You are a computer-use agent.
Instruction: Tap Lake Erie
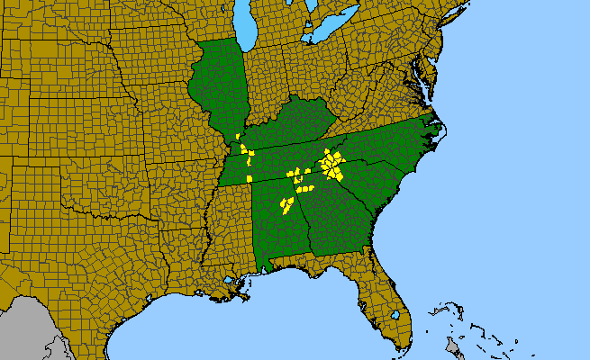click(325, 33)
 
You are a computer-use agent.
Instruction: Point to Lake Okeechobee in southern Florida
click(395, 316)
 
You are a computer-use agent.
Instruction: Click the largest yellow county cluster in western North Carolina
click(332, 165)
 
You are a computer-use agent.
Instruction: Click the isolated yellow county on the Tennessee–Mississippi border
click(249, 177)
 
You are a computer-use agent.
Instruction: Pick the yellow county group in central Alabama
click(286, 206)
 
